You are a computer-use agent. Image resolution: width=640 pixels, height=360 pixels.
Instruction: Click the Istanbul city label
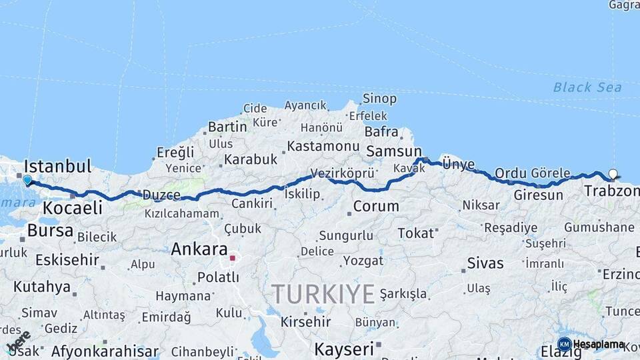pyautogui.click(x=57, y=166)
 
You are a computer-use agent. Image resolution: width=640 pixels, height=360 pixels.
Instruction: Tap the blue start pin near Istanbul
pyautogui.click(x=27, y=180)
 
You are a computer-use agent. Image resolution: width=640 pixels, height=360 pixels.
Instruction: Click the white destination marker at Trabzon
pyautogui.click(x=613, y=175)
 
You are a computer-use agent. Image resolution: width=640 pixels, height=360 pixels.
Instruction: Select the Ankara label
pyautogui.click(x=199, y=249)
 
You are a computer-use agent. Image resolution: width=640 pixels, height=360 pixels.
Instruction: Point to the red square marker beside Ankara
pyautogui.click(x=233, y=257)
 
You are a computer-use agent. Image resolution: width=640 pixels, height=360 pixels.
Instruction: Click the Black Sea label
pyautogui.click(x=587, y=87)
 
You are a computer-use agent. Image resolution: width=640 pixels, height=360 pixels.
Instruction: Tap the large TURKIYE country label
pyautogui.click(x=323, y=293)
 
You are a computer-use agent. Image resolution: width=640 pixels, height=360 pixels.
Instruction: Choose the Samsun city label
pyautogui.click(x=394, y=151)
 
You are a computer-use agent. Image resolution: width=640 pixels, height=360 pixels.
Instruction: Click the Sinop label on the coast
pyautogui.click(x=379, y=99)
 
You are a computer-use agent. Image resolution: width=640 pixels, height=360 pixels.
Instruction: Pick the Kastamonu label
pyautogui.click(x=323, y=145)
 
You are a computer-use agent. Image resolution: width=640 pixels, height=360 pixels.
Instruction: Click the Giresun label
pyautogui.click(x=538, y=195)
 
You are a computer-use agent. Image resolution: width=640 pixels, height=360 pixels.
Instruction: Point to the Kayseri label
pyautogui.click(x=344, y=348)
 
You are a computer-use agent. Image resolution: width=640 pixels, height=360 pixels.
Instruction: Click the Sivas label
pyautogui.click(x=485, y=263)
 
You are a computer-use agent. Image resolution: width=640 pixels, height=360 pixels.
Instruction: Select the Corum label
pyautogui.click(x=376, y=207)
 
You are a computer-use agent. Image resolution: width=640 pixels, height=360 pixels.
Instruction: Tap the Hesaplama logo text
pyautogui.click(x=599, y=344)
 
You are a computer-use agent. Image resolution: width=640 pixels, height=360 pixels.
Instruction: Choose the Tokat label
pyautogui.click(x=416, y=233)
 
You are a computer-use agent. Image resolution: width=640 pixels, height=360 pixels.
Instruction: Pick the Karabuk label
pyautogui.click(x=250, y=159)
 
